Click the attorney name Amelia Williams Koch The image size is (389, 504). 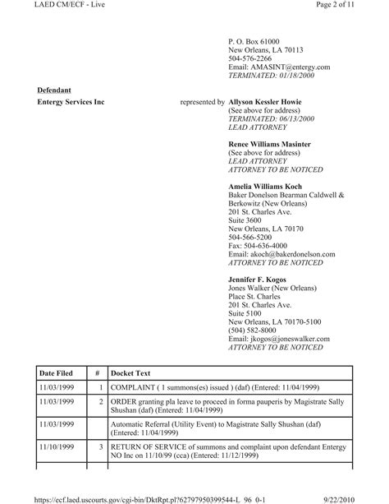pos(264,187)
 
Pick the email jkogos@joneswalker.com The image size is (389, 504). pos(278,339)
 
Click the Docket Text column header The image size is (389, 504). pos(133,372)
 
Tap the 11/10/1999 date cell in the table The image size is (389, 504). pos(57,446)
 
